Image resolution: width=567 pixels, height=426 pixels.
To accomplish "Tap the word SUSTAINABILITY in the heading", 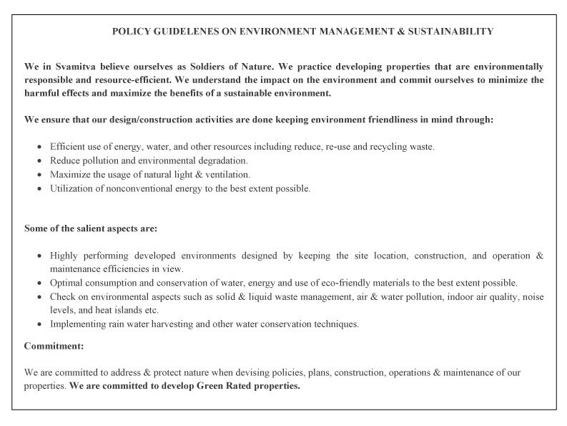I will click(x=451, y=32).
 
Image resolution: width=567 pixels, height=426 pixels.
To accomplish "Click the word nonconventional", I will click(x=126, y=189).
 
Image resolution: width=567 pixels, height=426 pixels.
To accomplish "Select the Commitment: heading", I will click(x=54, y=346).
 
